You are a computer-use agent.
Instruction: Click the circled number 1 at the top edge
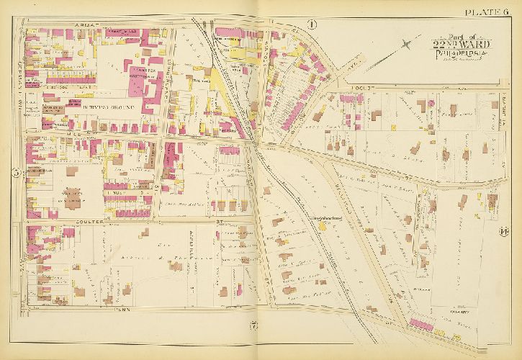click(311, 24)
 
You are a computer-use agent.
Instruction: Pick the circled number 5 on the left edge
click(15, 172)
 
